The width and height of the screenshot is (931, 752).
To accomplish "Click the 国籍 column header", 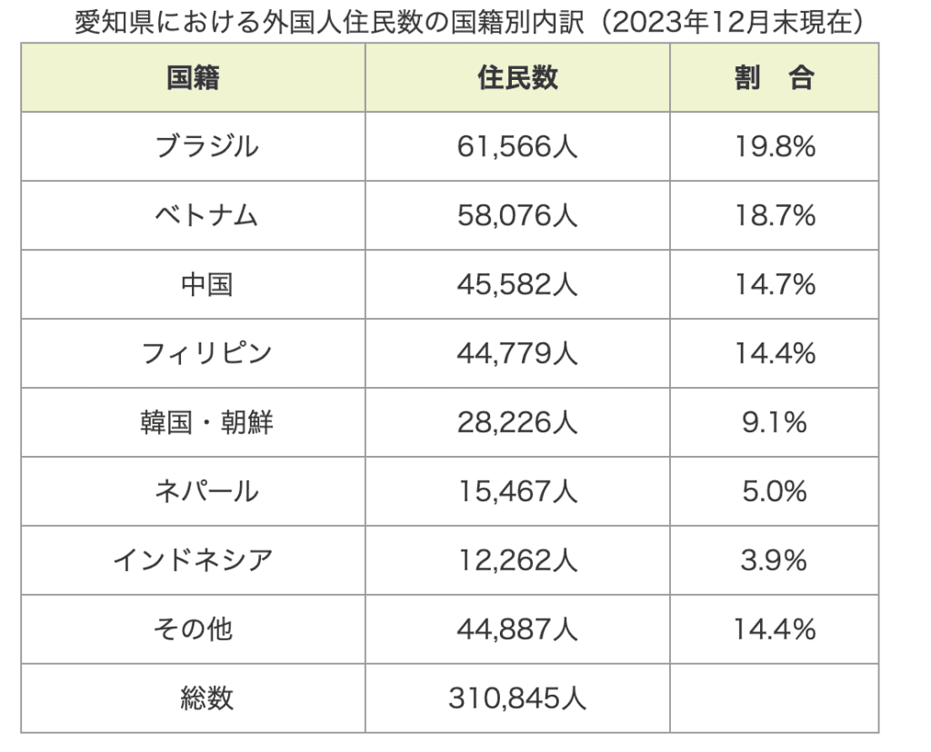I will click(193, 78).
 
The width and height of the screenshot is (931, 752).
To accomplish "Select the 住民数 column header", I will click(517, 78).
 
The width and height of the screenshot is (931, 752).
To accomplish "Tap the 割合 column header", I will click(774, 78).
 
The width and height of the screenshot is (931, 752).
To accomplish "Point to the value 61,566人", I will click(517, 146).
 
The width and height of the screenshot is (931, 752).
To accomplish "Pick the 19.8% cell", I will click(775, 146).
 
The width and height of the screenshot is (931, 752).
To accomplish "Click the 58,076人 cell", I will click(517, 215).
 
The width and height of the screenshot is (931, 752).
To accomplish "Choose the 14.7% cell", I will click(775, 284).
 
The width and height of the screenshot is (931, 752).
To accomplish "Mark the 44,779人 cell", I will click(517, 353).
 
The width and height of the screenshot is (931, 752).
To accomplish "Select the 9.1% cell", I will click(775, 422).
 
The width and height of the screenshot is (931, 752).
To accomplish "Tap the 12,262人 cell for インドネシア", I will click(517, 560).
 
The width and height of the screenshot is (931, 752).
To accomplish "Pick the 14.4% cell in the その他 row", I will click(775, 628).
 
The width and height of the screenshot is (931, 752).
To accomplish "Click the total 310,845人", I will click(517, 698).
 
